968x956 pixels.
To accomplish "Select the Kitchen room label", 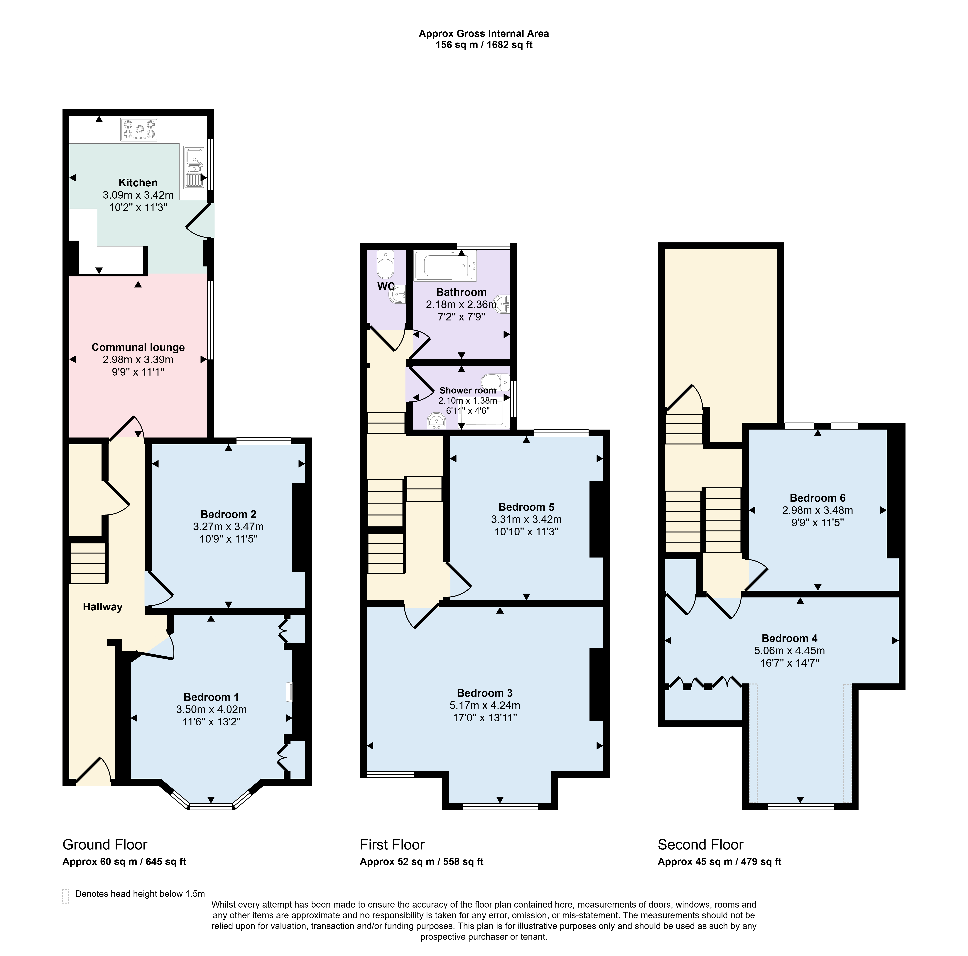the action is pos(138,183).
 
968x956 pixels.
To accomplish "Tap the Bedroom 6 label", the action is pos(818,498).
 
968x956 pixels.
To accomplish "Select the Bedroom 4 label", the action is pos(790,638).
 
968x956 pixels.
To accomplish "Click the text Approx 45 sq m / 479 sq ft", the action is pos(719,862).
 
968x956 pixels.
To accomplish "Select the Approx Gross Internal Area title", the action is pos(484,34).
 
